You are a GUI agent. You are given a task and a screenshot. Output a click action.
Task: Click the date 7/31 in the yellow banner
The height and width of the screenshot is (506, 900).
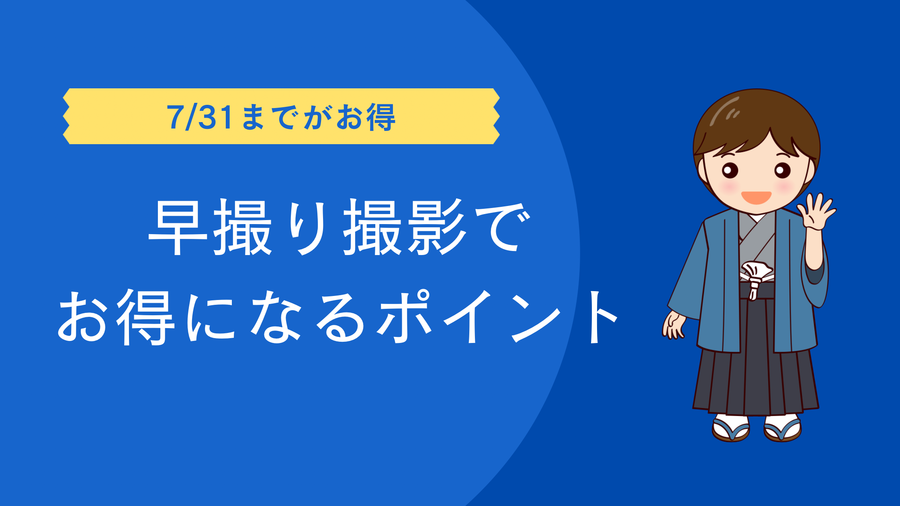pyautogui.click(x=200, y=117)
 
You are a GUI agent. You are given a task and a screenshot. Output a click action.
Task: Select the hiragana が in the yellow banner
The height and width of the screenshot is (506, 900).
pyautogui.click(x=318, y=117)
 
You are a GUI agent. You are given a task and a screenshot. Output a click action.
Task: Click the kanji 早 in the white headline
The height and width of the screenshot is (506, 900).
pyautogui.click(x=178, y=227)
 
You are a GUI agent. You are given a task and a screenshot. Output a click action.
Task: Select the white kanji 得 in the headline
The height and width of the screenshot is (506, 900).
pyautogui.click(x=145, y=317)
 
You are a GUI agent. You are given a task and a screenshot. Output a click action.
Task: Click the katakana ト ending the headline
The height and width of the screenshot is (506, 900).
pyautogui.click(x=602, y=317)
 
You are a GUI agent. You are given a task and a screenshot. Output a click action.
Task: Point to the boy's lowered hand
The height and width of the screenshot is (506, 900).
pyautogui.click(x=673, y=325)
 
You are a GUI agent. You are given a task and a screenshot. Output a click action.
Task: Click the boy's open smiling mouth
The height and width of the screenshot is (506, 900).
pyautogui.click(x=756, y=198)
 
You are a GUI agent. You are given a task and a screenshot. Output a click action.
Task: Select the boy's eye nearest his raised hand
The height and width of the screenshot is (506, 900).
pyautogui.click(x=782, y=170)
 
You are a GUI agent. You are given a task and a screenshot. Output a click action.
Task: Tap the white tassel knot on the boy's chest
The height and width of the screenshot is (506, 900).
pyautogui.click(x=756, y=277)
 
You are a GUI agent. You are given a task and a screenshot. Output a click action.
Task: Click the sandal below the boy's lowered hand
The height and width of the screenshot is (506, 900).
pyautogui.click(x=730, y=429)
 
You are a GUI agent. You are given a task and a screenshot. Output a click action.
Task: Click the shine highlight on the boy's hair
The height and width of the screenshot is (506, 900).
pyautogui.click(x=724, y=110)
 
